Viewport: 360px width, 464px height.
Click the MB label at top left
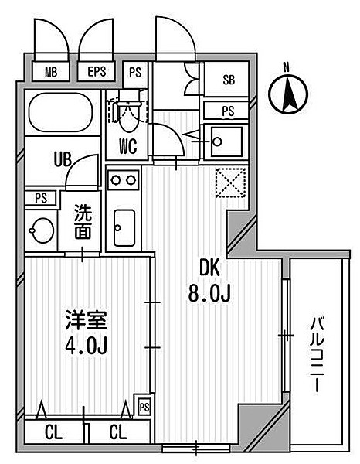click(52, 73)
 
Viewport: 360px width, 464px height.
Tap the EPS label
click(97, 73)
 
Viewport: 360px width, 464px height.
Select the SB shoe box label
click(229, 80)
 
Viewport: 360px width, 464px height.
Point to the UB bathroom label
click(62, 159)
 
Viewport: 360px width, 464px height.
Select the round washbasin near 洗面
click(40, 229)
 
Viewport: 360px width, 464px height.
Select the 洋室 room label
click(85, 320)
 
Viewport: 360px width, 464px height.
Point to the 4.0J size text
click(85, 345)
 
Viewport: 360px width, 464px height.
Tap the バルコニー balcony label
click(317, 355)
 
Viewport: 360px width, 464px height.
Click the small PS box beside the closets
click(144, 405)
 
